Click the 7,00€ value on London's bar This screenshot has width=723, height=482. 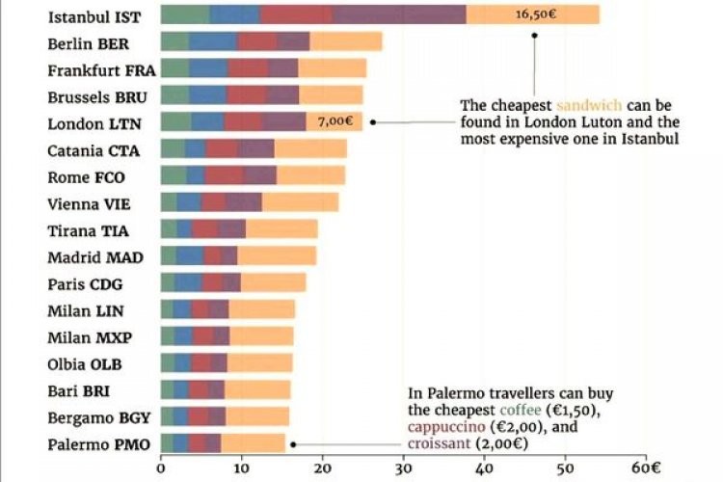(x=336, y=122)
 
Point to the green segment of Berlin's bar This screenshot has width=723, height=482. (x=174, y=42)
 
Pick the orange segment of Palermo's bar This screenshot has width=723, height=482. (x=253, y=443)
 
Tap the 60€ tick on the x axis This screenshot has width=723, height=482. (x=649, y=470)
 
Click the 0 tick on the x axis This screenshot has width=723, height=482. (x=161, y=470)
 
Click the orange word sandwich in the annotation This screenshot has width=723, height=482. (x=589, y=104)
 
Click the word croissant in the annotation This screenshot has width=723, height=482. (x=441, y=445)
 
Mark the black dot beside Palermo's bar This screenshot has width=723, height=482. (x=292, y=444)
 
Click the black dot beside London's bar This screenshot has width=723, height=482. (x=373, y=122)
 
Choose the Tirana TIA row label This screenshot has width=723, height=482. (x=88, y=230)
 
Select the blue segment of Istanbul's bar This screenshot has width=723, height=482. (x=234, y=15)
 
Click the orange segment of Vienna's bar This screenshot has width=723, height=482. (x=300, y=202)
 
